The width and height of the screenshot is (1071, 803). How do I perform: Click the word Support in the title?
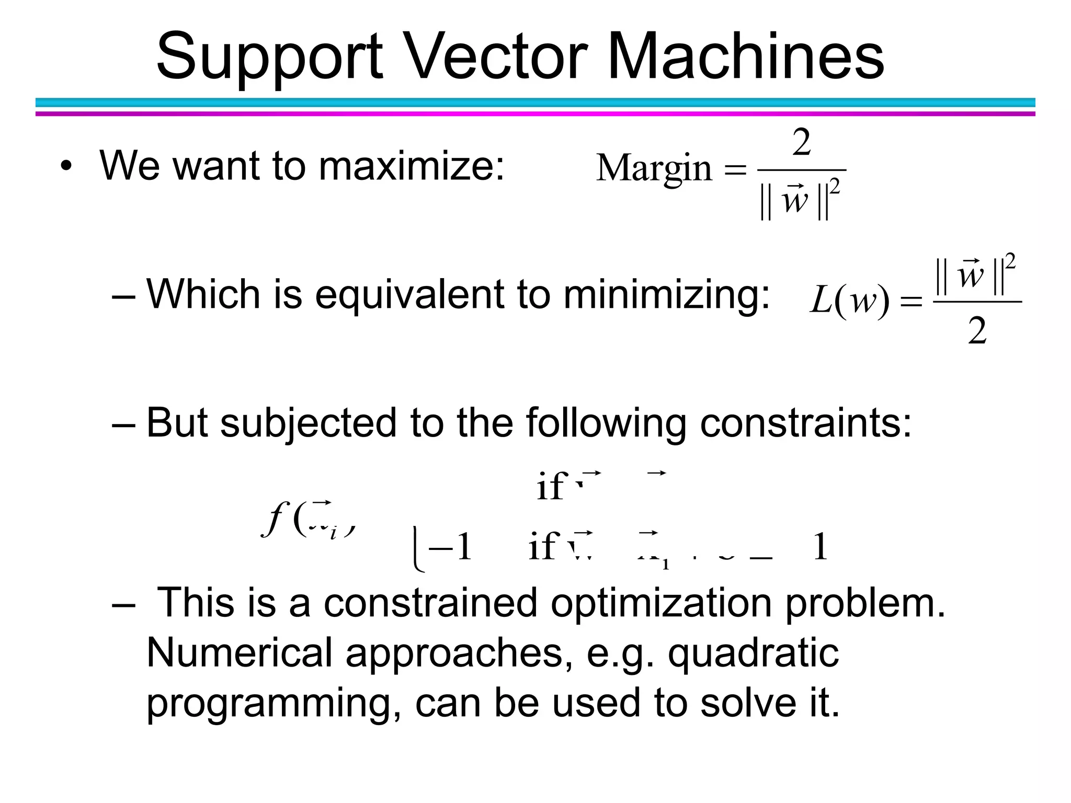click(269, 56)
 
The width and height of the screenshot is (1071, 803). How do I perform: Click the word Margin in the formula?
click(654, 169)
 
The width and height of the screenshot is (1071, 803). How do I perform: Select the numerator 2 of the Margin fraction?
click(802, 142)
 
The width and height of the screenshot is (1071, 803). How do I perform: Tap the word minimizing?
click(667, 294)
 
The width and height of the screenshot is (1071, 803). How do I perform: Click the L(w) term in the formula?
click(849, 302)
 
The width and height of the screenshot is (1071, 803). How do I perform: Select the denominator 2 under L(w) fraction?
click(977, 331)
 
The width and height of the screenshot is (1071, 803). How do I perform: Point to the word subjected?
click(308, 423)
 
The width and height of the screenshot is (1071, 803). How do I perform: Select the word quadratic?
click(754, 653)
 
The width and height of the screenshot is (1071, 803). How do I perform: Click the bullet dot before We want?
click(65, 167)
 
